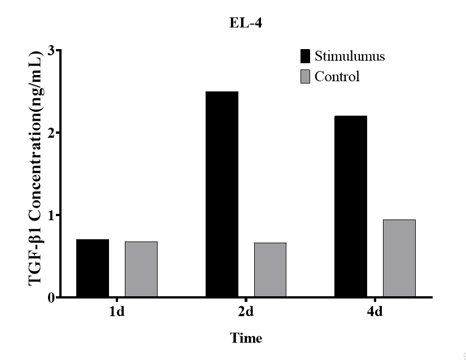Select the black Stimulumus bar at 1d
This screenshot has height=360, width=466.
92,268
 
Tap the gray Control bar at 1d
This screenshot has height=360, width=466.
141,269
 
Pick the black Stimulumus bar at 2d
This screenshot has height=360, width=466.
221,194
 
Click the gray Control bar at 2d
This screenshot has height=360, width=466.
270,270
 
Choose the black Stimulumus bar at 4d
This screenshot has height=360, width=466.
351,207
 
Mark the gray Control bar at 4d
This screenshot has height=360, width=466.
399,258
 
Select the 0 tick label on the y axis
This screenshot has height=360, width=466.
50,297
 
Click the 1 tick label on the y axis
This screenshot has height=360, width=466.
50,215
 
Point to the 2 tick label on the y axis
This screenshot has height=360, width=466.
50,133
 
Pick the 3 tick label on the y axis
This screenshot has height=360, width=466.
50,51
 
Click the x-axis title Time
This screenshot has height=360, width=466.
246,339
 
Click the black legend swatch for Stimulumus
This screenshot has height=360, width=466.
306,56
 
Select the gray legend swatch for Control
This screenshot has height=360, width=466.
306,77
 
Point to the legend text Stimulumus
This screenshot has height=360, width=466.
350,56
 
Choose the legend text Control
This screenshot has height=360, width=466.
337,77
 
